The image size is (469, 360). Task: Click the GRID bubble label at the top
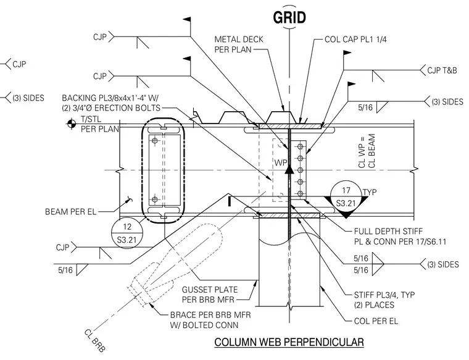click(x=289, y=17)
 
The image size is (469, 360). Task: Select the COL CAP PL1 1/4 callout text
click(x=355, y=39)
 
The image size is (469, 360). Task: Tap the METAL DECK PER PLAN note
click(x=239, y=44)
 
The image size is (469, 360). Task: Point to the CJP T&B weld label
click(x=442, y=70)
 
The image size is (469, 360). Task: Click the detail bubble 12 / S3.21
click(x=127, y=233)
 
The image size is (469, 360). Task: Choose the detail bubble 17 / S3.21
click(x=346, y=196)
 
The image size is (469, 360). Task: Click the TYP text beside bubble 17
click(x=370, y=192)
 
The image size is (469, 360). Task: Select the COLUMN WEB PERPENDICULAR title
click(x=289, y=342)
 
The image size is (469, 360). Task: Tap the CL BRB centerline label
click(x=94, y=340)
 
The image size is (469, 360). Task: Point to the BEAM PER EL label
click(x=70, y=212)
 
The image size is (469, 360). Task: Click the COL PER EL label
click(x=376, y=321)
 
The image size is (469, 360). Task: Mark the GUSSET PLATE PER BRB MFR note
click(x=210, y=295)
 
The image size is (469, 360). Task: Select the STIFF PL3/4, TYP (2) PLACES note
click(x=384, y=300)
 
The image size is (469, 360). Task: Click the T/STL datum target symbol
click(x=72, y=123)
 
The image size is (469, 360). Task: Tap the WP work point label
click(x=281, y=162)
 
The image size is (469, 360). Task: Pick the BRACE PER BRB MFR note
click(x=210, y=320)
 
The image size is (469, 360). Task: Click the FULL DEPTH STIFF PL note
click(x=400, y=236)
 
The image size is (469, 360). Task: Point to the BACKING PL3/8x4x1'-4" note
click(x=111, y=103)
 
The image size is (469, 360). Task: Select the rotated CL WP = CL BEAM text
click(x=366, y=151)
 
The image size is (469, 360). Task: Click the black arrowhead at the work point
click(x=289, y=170)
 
